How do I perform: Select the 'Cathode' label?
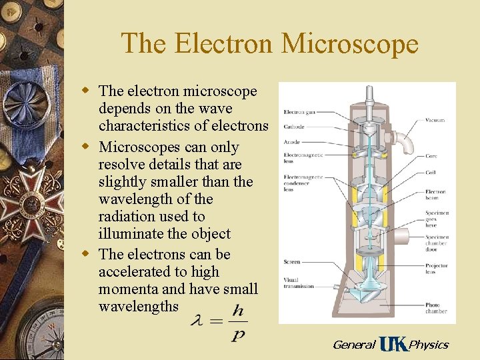coord(293,127)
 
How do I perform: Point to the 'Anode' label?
coord(291,142)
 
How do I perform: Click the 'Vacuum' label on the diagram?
coord(435,121)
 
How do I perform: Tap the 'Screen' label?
coord(291,262)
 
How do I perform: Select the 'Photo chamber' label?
coord(437,308)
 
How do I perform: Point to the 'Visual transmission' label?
coord(298,283)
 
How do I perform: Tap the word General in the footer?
coord(354,345)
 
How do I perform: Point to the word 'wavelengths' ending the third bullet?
coord(139,306)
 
